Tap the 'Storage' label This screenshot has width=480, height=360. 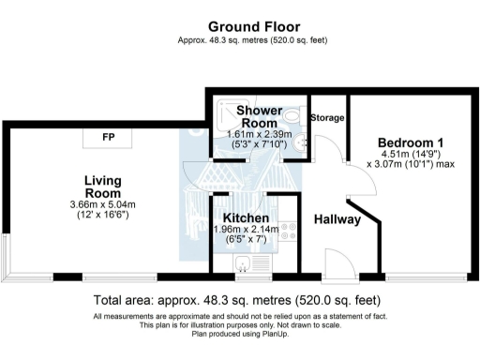(327, 118)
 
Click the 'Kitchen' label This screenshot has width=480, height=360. (247, 217)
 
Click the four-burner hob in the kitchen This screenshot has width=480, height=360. (290, 232)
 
